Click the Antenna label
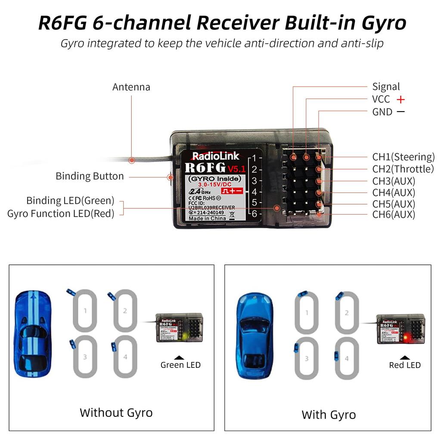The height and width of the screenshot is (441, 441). point(131,87)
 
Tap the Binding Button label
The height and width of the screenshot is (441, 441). point(90,176)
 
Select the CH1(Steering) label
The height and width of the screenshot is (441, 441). point(403,157)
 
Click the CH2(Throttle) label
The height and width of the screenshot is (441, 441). point(403,169)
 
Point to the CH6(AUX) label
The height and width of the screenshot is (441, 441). point(393,214)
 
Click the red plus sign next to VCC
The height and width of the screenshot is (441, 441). point(401,99)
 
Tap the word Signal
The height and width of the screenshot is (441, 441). point(386,87)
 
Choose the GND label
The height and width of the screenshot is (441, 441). point(382,112)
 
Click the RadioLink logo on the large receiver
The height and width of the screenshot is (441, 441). point(209,156)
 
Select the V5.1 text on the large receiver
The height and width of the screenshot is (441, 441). point(236,168)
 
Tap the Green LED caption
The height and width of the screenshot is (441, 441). point(180,365)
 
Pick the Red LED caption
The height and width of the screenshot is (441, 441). point(404,365)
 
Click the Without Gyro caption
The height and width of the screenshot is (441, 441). point(116,413)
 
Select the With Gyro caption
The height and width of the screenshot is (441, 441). point(329,415)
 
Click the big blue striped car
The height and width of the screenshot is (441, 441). point(33,333)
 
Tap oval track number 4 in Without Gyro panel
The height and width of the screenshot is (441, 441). point(125,357)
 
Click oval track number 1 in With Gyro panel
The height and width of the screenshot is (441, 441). point(307,313)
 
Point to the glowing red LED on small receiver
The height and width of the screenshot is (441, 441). point(402,336)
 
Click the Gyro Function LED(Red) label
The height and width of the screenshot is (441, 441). point(61,213)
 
